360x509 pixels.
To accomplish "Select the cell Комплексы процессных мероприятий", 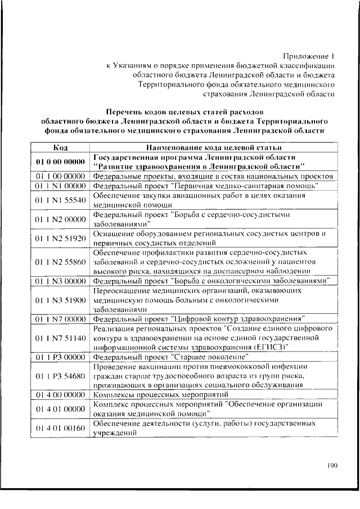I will coord(156,395).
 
